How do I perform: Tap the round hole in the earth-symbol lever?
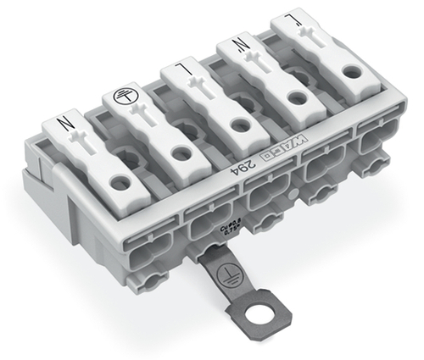178,153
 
